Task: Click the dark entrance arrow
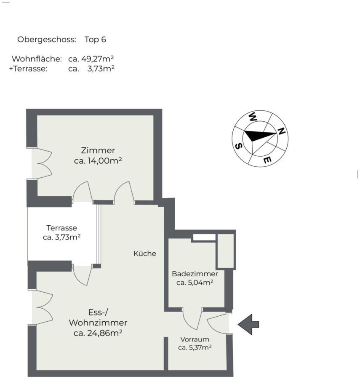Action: (248, 324)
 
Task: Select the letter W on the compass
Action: (253, 117)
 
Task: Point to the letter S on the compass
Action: (238, 146)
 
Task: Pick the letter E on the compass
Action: (267, 160)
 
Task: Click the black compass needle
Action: (259, 135)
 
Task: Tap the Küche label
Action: (145, 254)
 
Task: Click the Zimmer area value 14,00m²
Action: (104, 160)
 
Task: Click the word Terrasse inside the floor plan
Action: (61, 228)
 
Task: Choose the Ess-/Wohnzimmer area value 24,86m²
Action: (104, 333)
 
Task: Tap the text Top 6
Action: (95, 40)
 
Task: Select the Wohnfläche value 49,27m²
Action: (98, 59)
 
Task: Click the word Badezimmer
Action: (195, 274)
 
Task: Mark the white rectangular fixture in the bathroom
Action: (204, 238)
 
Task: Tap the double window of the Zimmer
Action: (42, 163)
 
